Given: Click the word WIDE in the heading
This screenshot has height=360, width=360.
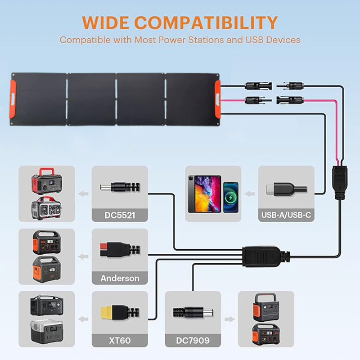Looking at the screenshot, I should pos(107,22).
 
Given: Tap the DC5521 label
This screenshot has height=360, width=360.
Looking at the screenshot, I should pos(119,216).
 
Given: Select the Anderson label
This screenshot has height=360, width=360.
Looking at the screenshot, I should pos(119,278).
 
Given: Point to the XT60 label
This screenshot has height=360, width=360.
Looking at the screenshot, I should pos(119,341).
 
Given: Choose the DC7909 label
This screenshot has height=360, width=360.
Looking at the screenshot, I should pos(193,341).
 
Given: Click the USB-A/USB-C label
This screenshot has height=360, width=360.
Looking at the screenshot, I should pos(286,216).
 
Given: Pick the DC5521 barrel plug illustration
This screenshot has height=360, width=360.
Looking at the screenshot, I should pos(117,186).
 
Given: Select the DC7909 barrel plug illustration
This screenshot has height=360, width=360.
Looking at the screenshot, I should pos(193,311).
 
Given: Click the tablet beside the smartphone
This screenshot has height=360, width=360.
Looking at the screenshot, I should pos(204,193).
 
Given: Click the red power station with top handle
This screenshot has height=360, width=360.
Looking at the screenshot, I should pos(46,180).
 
